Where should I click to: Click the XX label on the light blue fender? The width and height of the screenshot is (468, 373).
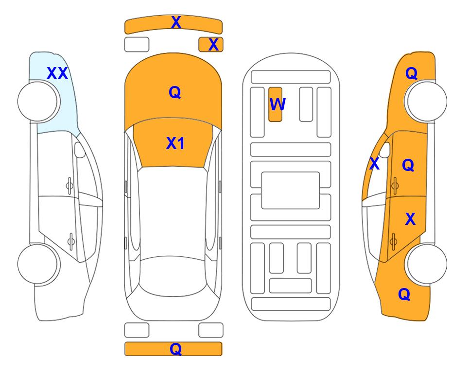pyautogui.click(x=58, y=73)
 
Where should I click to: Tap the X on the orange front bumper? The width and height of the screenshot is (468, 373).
pyautogui.click(x=176, y=22)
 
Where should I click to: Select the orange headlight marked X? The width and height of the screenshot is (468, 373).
pyautogui.click(x=211, y=45)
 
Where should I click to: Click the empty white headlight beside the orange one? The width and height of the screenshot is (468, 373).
pyautogui.click(x=137, y=45)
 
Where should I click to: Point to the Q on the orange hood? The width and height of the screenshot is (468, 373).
pyautogui.click(x=175, y=92)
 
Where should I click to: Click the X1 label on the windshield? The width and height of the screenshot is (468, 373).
pyautogui.click(x=175, y=143)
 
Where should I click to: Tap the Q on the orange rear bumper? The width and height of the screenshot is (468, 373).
pyautogui.click(x=176, y=349)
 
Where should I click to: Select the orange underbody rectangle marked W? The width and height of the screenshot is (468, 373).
pyautogui.click(x=275, y=104)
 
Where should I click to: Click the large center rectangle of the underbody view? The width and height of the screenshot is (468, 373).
pyautogui.click(x=291, y=190)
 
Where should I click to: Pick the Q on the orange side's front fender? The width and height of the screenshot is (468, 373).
pyautogui.click(x=411, y=73)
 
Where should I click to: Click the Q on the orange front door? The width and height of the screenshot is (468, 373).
pyautogui.click(x=408, y=165)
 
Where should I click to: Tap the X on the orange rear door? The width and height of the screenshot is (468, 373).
pyautogui.click(x=410, y=219)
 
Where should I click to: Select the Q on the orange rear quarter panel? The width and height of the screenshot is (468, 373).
pyautogui.click(x=404, y=294)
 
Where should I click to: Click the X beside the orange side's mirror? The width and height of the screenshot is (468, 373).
pyautogui.click(x=375, y=164)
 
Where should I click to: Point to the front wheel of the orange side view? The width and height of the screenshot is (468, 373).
pyautogui.click(x=426, y=101)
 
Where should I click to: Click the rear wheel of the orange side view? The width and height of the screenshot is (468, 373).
pyautogui.click(x=426, y=264)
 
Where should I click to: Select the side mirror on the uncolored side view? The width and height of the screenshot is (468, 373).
pyautogui.click(x=79, y=150)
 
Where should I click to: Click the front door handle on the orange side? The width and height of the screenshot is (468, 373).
pyautogui.click(x=395, y=186)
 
